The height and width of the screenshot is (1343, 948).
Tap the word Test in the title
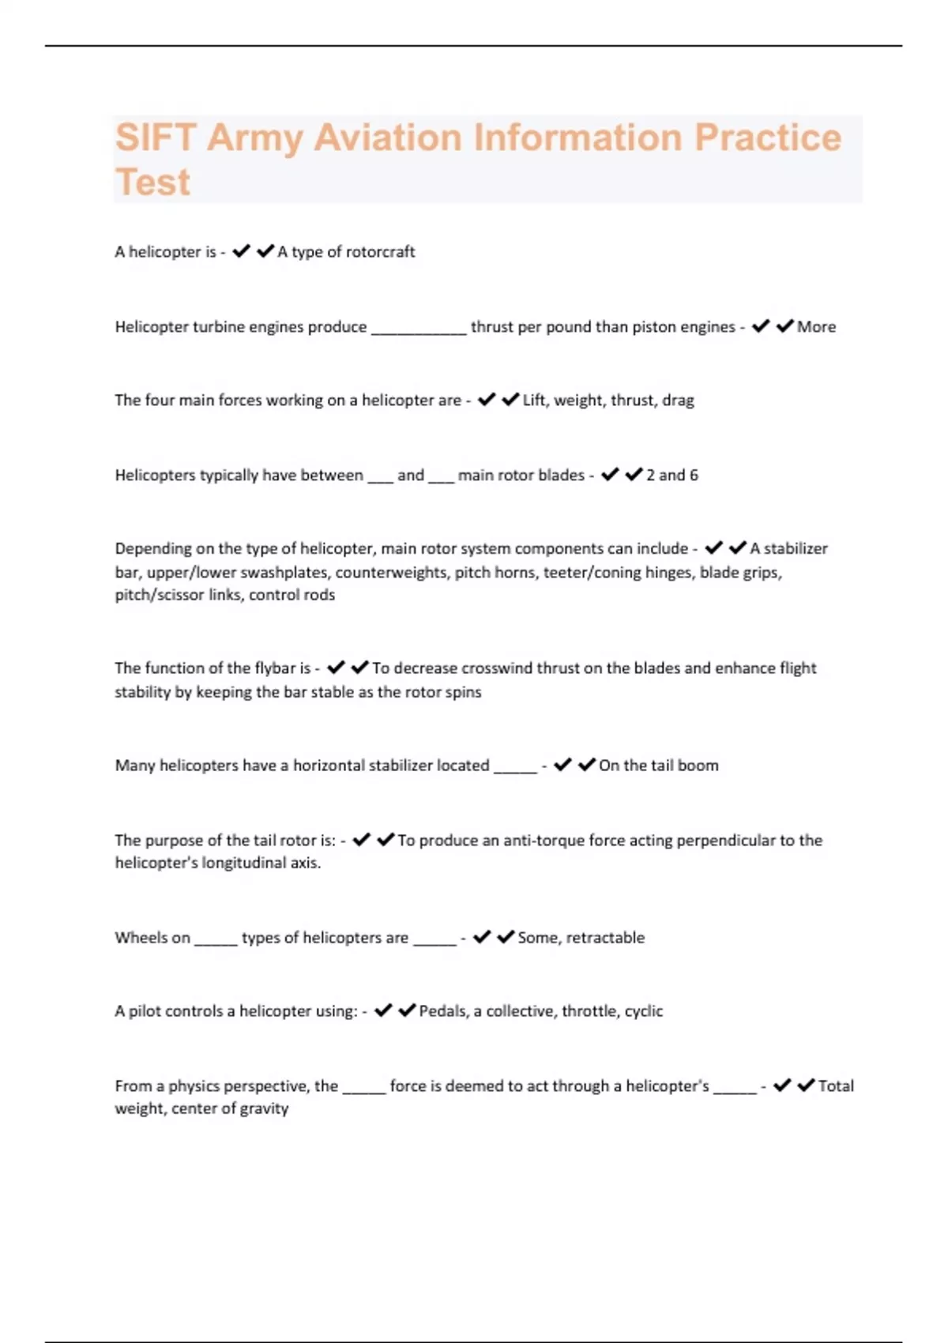[x=152, y=182]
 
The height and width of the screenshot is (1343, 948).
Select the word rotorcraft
[x=380, y=252]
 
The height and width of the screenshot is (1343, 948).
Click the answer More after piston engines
[x=816, y=327]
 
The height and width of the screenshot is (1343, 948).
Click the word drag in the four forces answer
[x=678, y=401]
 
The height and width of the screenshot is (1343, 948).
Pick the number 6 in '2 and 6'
[x=694, y=476]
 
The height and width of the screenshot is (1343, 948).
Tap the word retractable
[x=605, y=938]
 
